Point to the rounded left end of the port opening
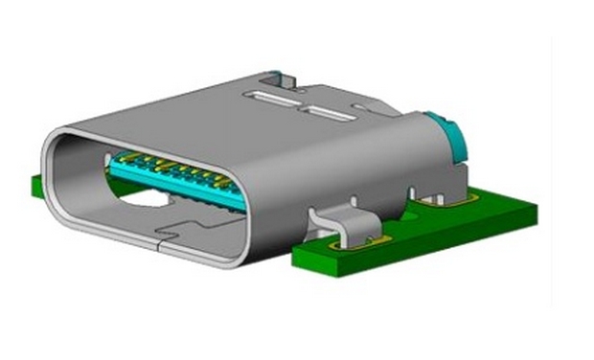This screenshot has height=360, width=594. coord(57,172)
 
